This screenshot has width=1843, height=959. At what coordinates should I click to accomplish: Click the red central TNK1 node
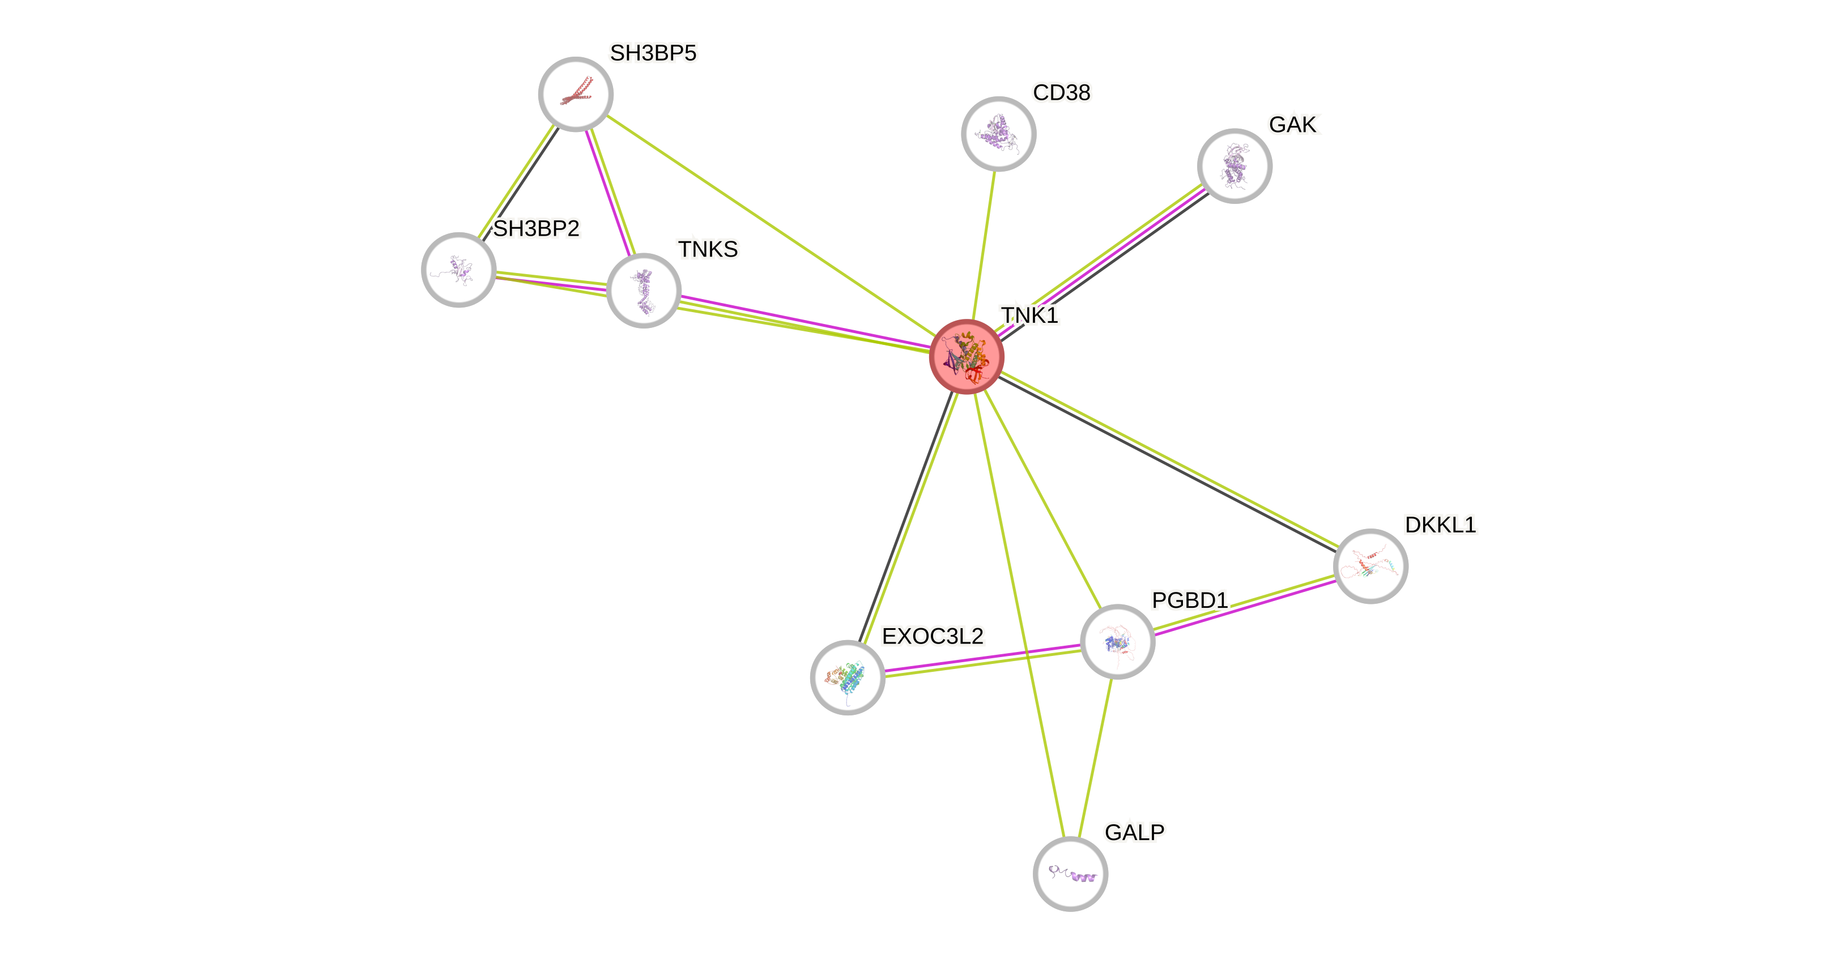(x=967, y=357)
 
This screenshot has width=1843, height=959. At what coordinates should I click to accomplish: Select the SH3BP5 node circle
(x=575, y=95)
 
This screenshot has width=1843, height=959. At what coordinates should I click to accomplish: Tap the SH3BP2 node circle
(x=458, y=270)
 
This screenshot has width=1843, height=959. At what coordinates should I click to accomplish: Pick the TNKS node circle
(x=643, y=291)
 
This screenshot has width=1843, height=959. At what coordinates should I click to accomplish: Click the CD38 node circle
(x=998, y=134)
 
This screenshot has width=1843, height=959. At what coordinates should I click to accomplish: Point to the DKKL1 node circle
(x=1370, y=566)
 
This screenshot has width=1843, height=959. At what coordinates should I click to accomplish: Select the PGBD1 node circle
(x=1117, y=641)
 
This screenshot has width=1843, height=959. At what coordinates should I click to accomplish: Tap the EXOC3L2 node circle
(x=847, y=677)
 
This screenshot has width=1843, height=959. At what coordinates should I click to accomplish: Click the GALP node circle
(x=1070, y=873)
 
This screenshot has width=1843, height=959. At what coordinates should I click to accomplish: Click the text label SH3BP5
(x=653, y=53)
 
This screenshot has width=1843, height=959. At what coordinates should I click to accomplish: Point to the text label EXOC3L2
(x=932, y=636)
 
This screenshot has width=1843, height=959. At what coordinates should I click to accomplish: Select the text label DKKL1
(x=1440, y=525)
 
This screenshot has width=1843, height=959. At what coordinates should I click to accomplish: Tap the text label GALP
(x=1134, y=832)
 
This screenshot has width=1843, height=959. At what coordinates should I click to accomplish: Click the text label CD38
(x=1062, y=92)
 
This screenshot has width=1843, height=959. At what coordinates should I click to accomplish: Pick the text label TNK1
(x=1029, y=314)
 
